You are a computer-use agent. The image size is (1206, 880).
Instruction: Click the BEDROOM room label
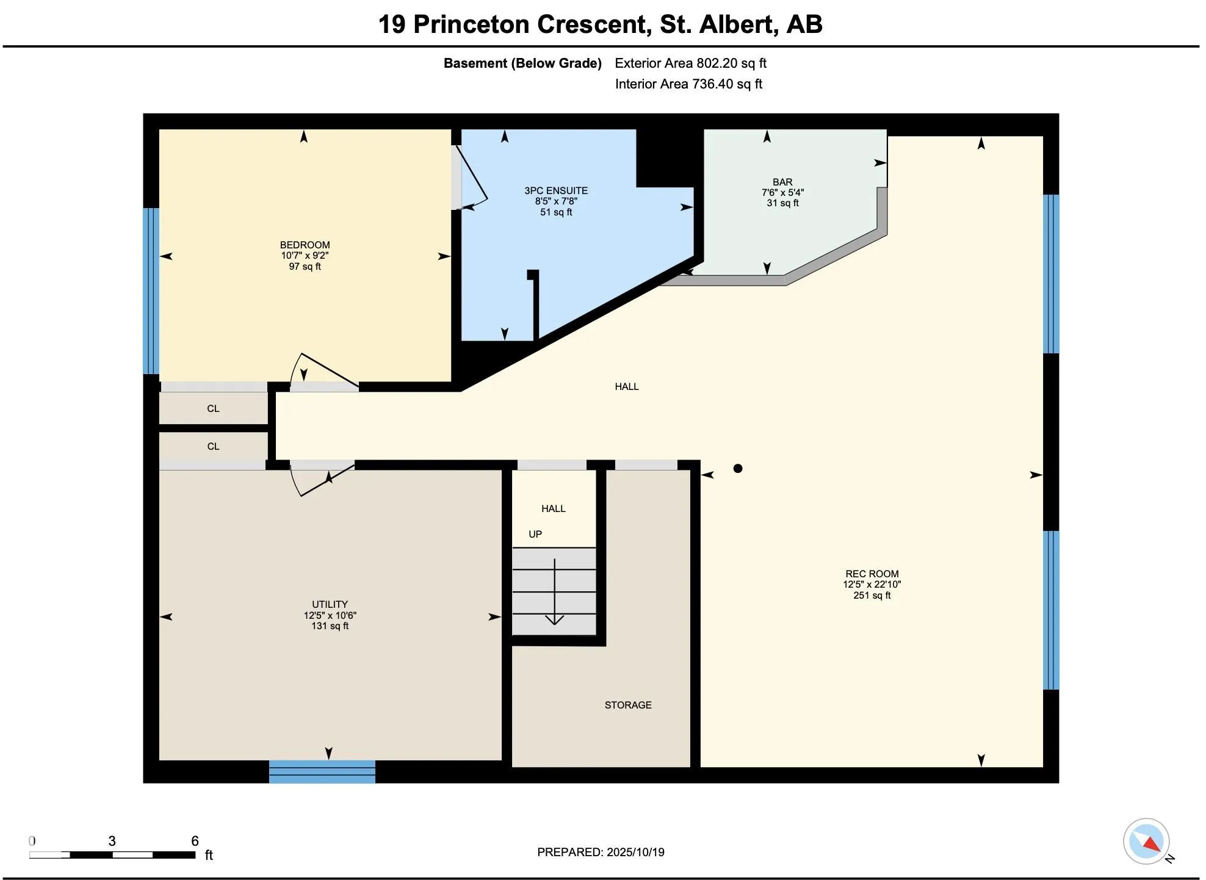tap(305, 245)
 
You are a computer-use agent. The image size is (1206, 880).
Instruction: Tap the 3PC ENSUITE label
tap(556, 190)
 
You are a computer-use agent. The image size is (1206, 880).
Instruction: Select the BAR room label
tap(782, 182)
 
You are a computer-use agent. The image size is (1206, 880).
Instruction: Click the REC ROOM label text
tap(872, 574)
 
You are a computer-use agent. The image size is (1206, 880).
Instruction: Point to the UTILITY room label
tap(330, 604)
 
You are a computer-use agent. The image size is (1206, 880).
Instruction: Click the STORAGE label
tap(628, 705)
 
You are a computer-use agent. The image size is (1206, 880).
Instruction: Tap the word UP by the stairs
tap(535, 534)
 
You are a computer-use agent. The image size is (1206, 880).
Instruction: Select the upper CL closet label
tap(213, 408)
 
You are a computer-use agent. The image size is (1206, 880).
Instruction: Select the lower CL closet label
tap(213, 446)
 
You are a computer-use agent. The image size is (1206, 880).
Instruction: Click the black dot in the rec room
tap(738, 468)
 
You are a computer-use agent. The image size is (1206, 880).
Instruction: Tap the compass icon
tap(1146, 842)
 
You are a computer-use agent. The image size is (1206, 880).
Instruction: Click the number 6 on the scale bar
tap(195, 841)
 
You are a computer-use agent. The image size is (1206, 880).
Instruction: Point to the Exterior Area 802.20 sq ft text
tap(690, 63)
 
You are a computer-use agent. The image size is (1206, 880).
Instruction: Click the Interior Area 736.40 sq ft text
tap(688, 84)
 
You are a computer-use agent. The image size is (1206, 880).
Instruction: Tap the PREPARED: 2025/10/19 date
tap(601, 852)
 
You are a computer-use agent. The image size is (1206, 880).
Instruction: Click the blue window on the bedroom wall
tap(151, 291)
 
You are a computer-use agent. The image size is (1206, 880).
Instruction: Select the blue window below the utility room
tap(322, 771)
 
